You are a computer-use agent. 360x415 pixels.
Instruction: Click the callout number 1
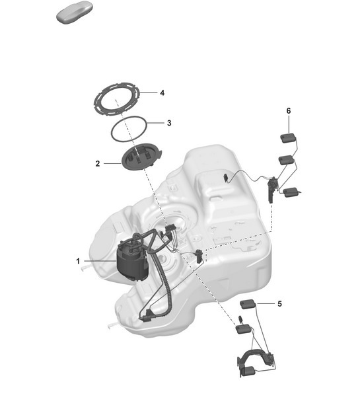tap(78, 261)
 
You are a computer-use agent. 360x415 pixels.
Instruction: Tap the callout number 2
tap(98, 163)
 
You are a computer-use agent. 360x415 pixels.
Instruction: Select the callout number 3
tap(169, 123)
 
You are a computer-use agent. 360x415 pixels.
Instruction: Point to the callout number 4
tap(162, 93)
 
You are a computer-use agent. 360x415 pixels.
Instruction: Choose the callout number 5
tap(279, 304)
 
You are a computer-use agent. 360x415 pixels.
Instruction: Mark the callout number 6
tap(288, 111)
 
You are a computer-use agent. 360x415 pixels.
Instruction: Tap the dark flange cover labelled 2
tap(141, 159)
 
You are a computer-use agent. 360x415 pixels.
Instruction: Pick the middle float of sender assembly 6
tap(286, 160)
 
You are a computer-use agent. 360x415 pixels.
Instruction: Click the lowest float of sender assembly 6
tap(291, 193)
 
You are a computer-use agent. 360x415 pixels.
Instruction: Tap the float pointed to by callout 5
tap(248, 304)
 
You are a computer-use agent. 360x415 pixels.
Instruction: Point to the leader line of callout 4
tap(149, 93)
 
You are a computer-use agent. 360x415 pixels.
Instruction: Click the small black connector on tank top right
tap(226, 177)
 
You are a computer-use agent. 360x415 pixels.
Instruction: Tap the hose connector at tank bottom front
tap(144, 318)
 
